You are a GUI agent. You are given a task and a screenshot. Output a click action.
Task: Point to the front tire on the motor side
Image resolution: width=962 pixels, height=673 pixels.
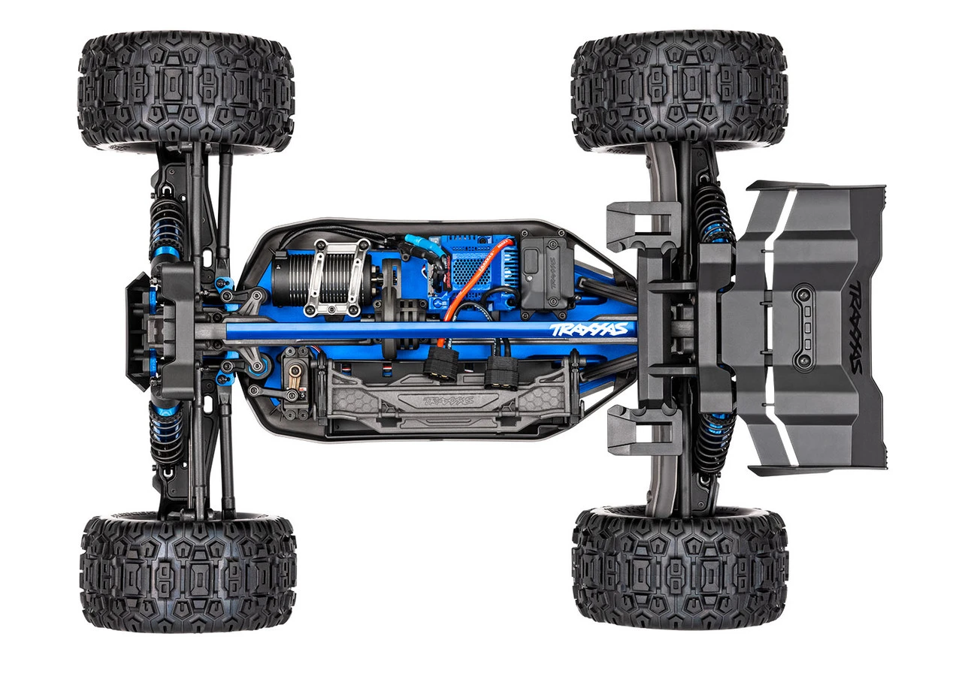[186, 90]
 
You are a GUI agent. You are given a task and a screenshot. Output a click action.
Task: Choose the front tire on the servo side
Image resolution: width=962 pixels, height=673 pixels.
[188, 571]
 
